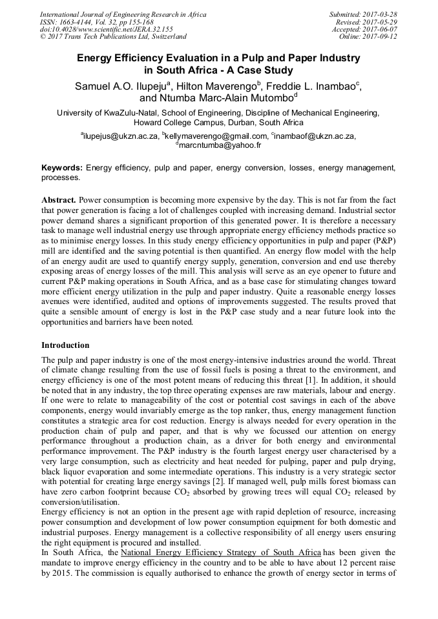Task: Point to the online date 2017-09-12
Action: pos(382,37)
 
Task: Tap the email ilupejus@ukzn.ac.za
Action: pos(120,136)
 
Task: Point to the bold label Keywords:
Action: pos(62,168)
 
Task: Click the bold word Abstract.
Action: pos(59,201)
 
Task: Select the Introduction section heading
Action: pos(65,345)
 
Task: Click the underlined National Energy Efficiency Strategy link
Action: pos(221,553)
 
